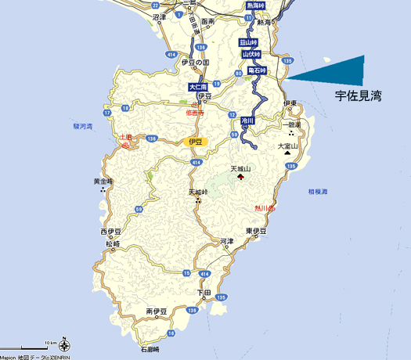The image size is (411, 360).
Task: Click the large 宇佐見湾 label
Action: click(358, 97)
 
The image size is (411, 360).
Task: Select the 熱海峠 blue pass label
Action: click(255, 5)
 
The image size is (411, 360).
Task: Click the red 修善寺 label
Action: click(195, 112)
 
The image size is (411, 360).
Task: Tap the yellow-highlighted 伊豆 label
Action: click(195, 142)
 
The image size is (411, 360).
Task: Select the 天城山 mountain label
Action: click(240, 167)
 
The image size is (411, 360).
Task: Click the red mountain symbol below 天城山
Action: click(240, 177)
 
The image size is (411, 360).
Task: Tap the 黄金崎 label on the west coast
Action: click(103, 182)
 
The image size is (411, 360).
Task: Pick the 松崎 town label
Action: click(112, 244)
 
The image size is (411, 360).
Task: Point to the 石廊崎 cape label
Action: click(150, 348)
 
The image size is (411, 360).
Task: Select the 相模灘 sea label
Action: click(318, 191)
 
